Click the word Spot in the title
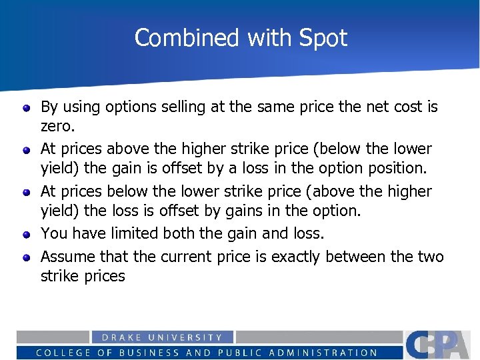[323, 38]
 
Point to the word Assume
[67, 257]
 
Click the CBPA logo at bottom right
[441, 344]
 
